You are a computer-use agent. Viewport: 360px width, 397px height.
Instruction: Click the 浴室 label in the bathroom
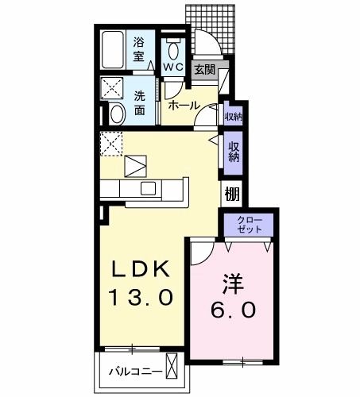(139, 48)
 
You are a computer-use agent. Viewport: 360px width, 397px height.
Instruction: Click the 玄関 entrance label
(204, 70)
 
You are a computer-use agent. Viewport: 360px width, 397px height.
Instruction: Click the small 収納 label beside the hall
(233, 116)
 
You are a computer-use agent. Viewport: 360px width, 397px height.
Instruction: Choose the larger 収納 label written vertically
(234, 151)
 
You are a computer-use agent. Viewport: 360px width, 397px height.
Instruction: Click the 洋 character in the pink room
(230, 282)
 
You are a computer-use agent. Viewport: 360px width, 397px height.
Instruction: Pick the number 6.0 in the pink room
(231, 310)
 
